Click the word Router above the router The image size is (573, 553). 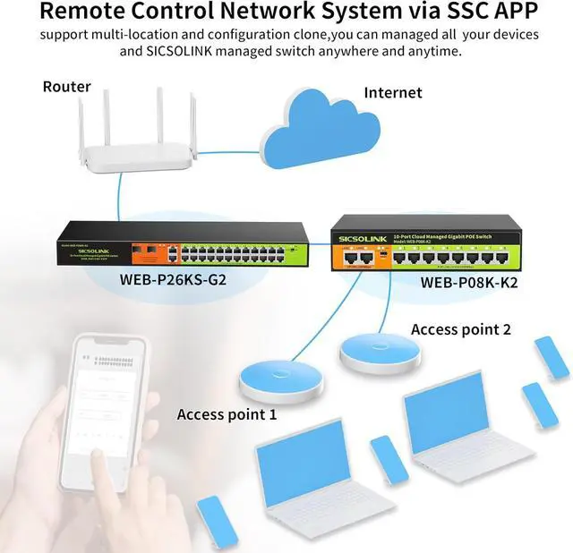[67, 87]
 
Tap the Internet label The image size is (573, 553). [392, 92]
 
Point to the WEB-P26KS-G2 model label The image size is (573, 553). [172, 277]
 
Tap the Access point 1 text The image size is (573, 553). [227, 414]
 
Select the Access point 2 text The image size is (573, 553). [460, 329]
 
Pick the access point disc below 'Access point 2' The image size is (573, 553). [380, 353]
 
